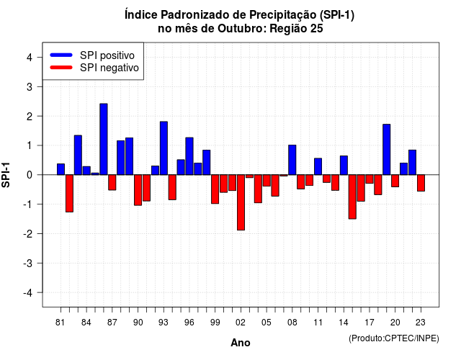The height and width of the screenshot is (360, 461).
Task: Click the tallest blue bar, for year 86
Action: [104, 139]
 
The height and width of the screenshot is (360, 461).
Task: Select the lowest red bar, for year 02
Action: [241, 202]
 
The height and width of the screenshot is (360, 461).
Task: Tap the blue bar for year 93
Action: [164, 148]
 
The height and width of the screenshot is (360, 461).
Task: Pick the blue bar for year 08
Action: [292, 160]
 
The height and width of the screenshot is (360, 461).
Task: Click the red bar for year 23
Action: [421, 183]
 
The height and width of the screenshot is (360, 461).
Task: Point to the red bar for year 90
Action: [138, 190]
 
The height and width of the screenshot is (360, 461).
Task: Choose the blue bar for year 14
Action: [344, 165]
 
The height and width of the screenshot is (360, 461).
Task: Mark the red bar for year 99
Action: [215, 189]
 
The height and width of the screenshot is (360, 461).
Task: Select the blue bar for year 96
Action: [189, 156]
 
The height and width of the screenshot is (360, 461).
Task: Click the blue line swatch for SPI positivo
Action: [61, 55]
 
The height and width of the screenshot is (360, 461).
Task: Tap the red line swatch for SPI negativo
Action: [61, 67]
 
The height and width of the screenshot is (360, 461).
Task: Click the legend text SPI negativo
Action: [109, 68]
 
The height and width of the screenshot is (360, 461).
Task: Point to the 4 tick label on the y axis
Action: [30, 58]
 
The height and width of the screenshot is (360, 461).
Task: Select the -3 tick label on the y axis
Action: [27, 264]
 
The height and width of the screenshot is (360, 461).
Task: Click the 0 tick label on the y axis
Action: [30, 175]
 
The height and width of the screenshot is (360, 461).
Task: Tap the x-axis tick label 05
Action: [267, 323]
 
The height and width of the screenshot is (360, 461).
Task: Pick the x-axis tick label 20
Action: [395, 323]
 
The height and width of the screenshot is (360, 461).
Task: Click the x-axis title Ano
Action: [241, 343]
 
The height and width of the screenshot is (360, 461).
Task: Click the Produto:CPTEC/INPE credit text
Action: [394, 338]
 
